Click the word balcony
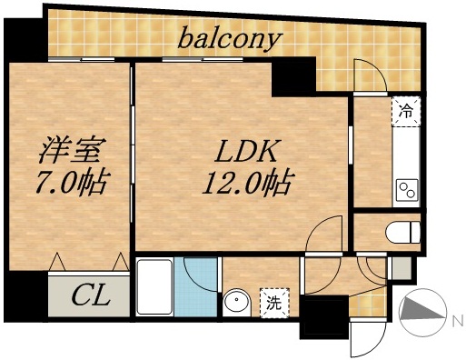click(230, 38)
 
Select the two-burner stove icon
click(405, 191)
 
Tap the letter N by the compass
click(456, 319)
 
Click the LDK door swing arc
click(324, 238)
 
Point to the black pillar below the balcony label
click(292, 80)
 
